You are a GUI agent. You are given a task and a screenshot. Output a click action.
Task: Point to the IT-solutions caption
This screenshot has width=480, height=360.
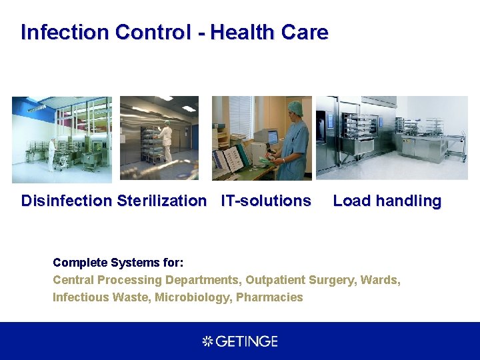point(266,201)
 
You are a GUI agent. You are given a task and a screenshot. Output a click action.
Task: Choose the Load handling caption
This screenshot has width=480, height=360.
point(387,201)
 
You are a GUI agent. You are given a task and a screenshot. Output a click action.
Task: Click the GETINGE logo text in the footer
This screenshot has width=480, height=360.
point(247,341)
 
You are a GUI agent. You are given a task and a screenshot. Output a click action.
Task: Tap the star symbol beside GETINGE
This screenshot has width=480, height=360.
point(207,341)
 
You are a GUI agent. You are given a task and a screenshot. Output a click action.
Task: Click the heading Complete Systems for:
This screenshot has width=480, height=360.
point(118,263)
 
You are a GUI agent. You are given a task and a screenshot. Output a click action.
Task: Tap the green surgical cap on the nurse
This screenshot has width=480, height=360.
point(295,107)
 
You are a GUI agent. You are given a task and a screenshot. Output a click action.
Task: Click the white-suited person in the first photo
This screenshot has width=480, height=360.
point(51,153)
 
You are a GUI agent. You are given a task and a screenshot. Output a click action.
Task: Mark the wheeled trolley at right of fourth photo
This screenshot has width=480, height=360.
point(455,145)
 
